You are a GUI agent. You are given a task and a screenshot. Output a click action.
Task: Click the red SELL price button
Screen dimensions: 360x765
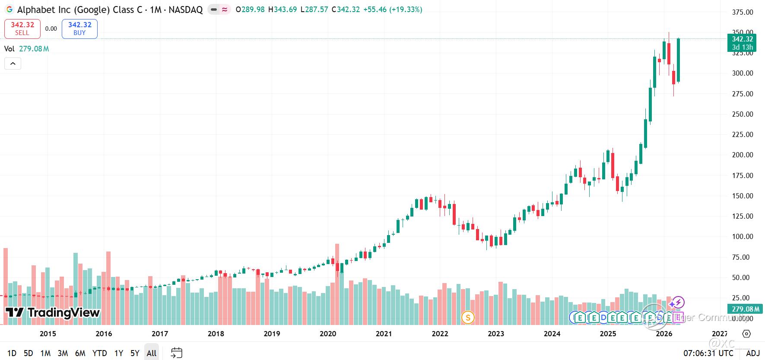pos(22,29)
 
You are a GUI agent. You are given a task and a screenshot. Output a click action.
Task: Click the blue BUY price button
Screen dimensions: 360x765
pos(79,29)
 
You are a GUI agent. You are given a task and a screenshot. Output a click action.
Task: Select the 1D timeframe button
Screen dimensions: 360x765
pos(12,353)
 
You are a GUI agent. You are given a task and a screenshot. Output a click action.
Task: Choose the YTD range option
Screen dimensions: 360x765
pos(99,353)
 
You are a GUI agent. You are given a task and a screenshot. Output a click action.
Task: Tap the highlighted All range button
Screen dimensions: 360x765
pos(152,353)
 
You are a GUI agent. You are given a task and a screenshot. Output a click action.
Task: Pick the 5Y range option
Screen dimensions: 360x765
pos(135,353)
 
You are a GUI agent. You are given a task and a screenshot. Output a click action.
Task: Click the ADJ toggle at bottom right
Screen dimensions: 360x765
pos(753,353)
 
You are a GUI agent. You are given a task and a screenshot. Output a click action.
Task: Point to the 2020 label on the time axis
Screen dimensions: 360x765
pos(328,334)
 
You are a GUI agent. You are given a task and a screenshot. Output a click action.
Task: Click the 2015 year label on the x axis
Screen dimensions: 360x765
pos(48,334)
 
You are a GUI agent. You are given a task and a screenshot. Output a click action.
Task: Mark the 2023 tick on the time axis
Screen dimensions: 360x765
pos(496,334)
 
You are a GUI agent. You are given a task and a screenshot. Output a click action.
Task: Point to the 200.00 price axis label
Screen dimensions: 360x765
pos(742,155)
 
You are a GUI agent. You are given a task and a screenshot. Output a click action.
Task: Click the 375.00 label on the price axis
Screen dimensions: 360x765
pos(742,12)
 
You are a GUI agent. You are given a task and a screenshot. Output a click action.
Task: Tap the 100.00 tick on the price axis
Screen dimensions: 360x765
pos(742,236)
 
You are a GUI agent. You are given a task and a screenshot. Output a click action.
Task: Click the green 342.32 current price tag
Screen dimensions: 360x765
pos(742,39)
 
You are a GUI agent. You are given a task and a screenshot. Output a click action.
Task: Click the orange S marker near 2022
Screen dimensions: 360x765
pos(467,318)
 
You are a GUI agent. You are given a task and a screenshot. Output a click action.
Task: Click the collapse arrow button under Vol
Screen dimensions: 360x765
pos(13,64)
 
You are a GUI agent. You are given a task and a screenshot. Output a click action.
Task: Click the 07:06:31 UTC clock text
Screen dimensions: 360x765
pos(708,353)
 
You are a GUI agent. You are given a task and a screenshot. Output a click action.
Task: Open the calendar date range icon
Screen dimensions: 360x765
pos(177,353)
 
